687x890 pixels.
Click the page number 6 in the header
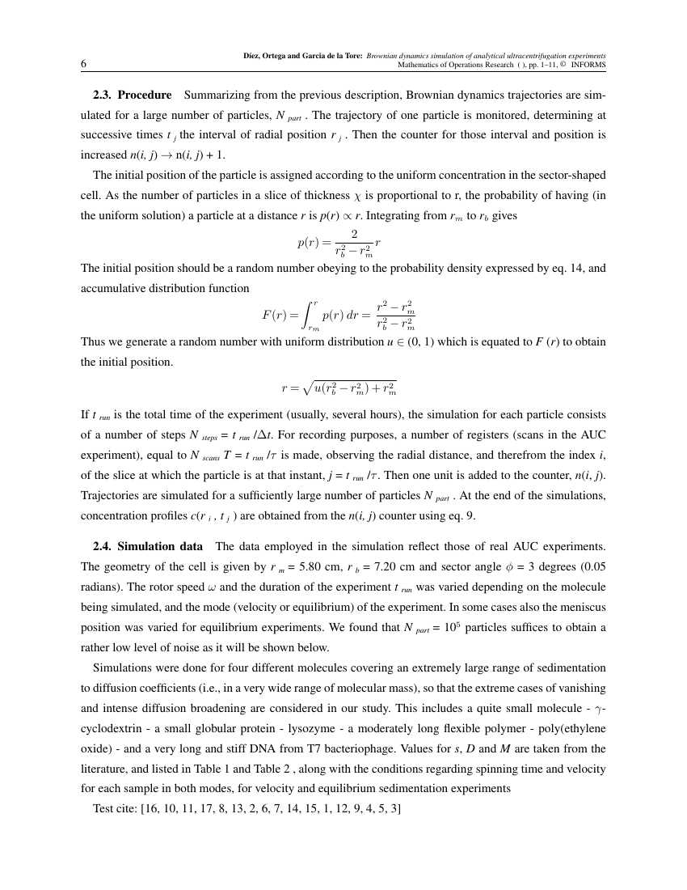[x=84, y=65]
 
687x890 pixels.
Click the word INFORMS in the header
[x=588, y=66]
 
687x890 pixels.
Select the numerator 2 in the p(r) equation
[x=354, y=234]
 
